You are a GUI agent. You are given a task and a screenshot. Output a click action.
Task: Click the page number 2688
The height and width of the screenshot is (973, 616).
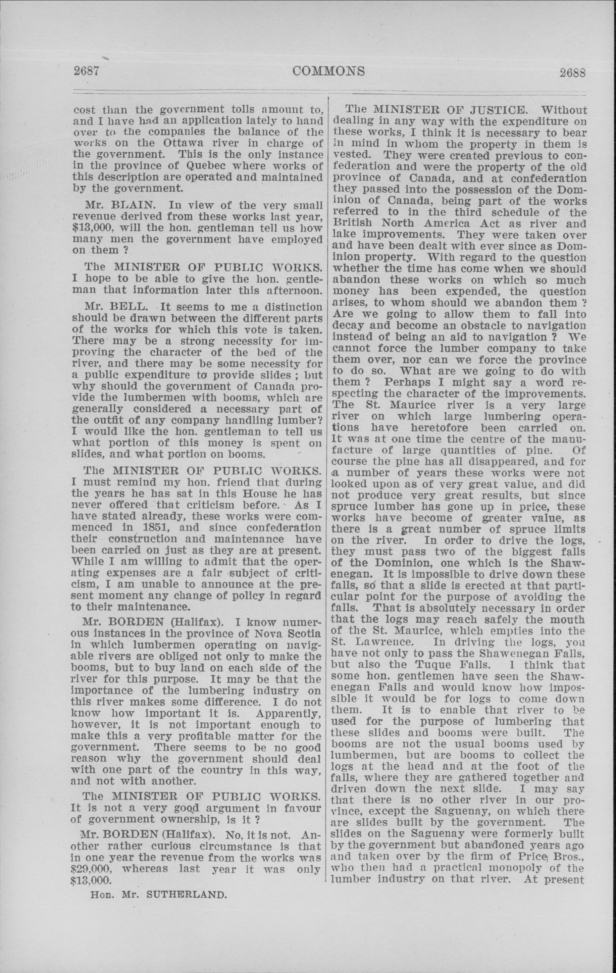coord(572,73)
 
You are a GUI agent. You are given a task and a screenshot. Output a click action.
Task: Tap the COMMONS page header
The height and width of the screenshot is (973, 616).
coord(328,71)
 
